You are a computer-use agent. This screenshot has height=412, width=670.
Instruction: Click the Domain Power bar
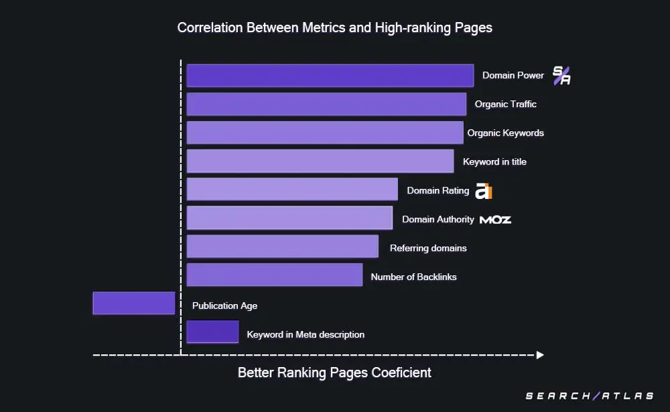coord(330,76)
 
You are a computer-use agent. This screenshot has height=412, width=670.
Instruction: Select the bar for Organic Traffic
coord(326,105)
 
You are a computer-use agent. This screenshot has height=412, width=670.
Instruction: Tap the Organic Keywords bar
coord(325,133)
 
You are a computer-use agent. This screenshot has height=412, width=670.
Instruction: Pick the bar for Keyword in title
coord(320,161)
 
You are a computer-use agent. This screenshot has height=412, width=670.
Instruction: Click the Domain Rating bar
coord(292,190)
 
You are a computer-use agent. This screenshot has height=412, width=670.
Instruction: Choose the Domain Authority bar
coord(289,218)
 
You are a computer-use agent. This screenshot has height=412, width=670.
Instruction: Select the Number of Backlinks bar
coord(275,275)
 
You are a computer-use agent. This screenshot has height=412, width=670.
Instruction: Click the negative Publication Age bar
coord(134,303)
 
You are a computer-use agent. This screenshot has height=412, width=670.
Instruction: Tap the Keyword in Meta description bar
coord(212,332)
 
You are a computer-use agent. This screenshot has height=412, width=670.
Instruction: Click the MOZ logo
coord(495,220)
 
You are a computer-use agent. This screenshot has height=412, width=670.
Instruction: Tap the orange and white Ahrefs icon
coord(484,191)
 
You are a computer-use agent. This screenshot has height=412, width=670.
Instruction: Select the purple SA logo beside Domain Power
coord(561,76)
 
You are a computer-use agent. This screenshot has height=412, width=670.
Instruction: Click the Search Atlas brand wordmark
coord(590,396)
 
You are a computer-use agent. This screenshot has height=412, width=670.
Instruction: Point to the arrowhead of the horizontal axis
coord(540,355)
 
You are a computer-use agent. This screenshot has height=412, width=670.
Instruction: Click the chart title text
coord(334,28)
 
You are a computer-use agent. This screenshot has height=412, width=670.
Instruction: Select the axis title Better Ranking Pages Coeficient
coord(334,373)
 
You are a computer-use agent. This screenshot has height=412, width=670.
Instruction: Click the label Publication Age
coord(224,305)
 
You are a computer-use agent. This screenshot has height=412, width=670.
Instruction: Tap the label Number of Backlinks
coord(413,277)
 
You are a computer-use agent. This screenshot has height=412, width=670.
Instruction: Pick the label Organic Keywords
coord(505,133)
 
